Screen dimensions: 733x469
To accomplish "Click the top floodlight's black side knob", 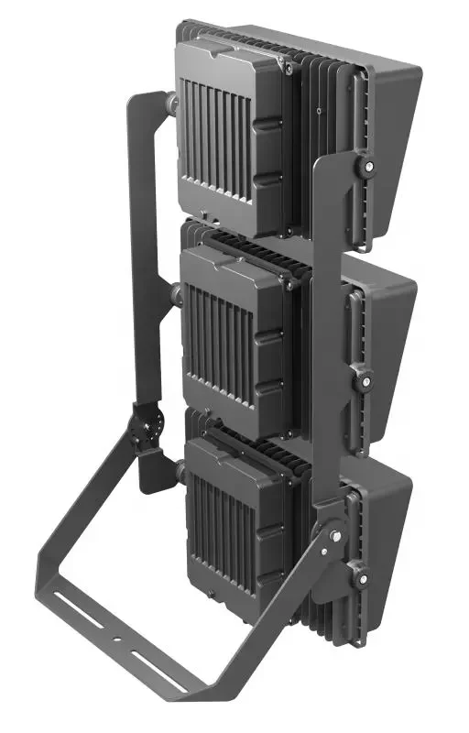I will (368, 168).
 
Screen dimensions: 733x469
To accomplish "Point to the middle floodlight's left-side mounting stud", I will (175, 293).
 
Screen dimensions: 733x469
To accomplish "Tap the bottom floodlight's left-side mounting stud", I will (180, 474).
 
